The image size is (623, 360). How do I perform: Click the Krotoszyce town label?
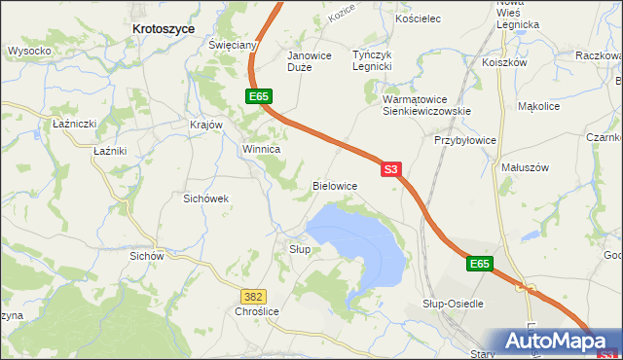point(163,30)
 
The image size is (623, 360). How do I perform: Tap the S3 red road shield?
point(390,168)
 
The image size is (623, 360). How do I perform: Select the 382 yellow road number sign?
point(253,295)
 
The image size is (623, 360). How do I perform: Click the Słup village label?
point(300,249)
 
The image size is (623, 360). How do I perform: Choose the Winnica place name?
point(261,150)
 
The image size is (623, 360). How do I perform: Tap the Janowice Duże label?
point(310,61)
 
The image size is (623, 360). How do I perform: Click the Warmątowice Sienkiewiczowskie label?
point(426,105)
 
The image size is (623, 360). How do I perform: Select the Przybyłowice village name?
point(464,140)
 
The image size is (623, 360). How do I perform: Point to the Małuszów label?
point(525,167)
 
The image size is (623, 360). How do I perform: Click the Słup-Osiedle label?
point(453,304)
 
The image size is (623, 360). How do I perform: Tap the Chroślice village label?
point(257,311)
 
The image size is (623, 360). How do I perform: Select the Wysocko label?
point(29,51)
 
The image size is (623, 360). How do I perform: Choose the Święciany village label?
point(233,46)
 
